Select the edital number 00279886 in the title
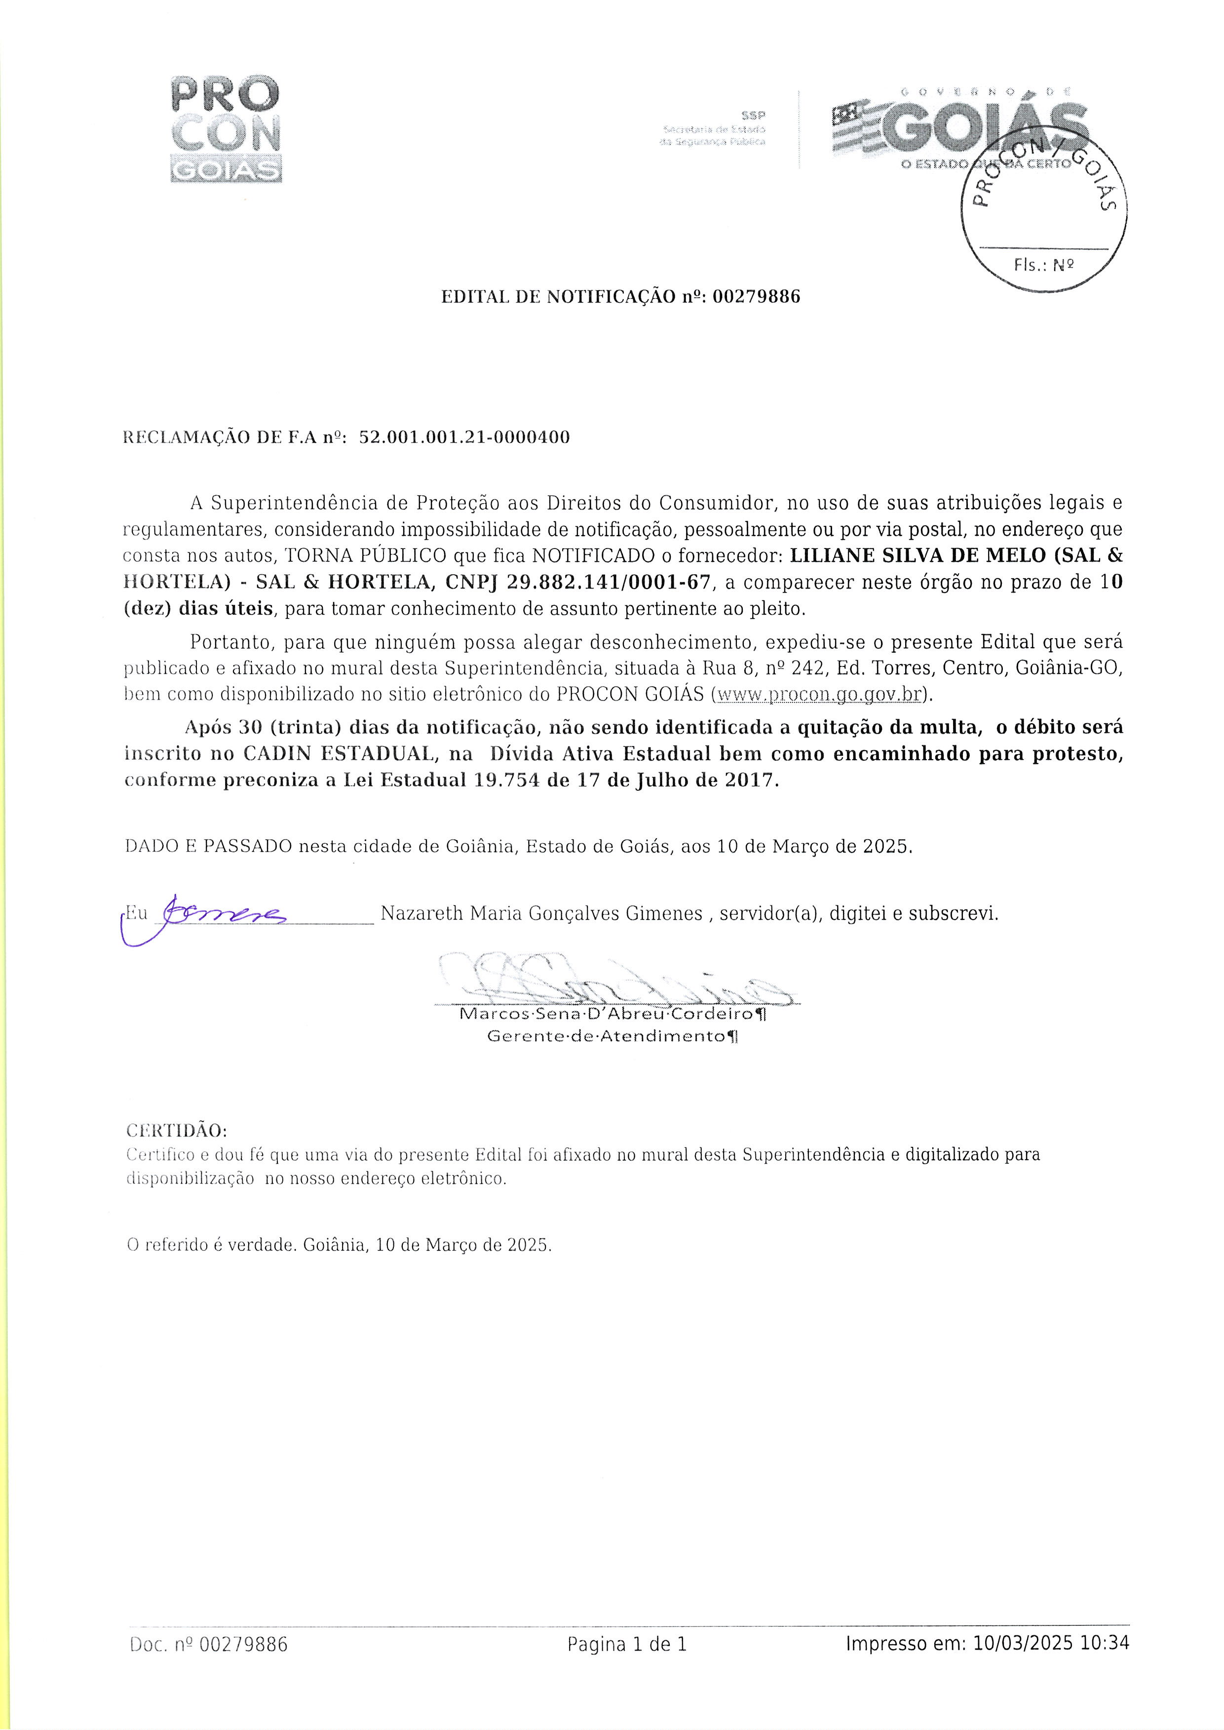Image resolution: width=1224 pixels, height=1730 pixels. coord(756,297)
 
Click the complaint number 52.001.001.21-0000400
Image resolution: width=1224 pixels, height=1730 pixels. coord(464,437)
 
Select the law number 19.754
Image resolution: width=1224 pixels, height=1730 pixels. coord(506,780)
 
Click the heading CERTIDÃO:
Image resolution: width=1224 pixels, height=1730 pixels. coord(176,1132)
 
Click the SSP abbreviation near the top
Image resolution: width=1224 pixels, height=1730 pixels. coord(753,116)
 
